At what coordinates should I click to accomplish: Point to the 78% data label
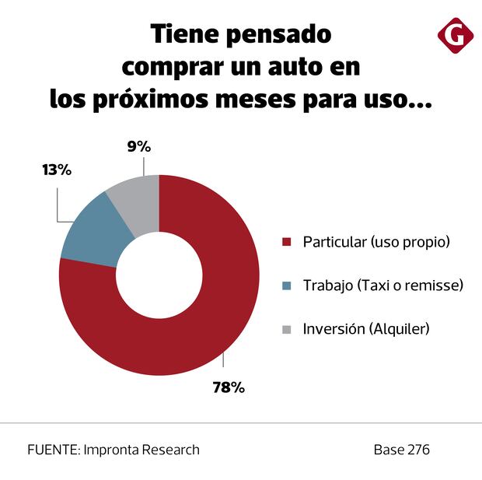[x=229, y=387]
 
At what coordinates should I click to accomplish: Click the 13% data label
[x=57, y=170]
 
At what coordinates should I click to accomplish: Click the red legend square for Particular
[x=287, y=242]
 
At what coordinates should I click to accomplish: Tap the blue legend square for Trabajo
[x=287, y=286]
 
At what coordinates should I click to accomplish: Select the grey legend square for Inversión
[x=287, y=329]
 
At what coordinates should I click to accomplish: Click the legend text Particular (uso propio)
[x=376, y=242]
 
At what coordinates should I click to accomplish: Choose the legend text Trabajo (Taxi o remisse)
[x=382, y=286]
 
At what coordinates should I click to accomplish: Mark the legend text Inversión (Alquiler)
[x=366, y=329]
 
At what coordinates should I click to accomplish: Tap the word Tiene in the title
[x=183, y=35]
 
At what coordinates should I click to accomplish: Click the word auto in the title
[x=292, y=68]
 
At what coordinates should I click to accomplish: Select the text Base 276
[x=401, y=450]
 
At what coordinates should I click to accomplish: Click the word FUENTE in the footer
[x=51, y=450]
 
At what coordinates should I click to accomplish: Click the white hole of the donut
[x=159, y=276]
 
